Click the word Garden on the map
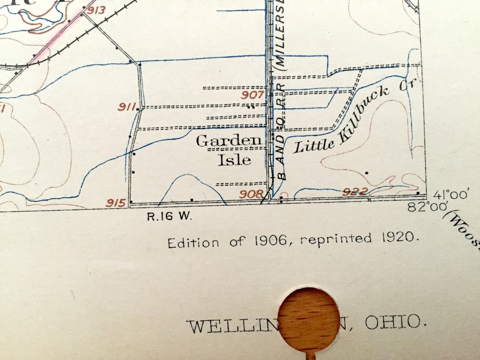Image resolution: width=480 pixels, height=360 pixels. pos(229,141)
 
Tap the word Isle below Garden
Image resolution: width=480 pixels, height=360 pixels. pos(234,160)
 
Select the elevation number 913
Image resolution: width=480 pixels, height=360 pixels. pos(96,10)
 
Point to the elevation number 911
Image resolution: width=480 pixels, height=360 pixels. pos(126,107)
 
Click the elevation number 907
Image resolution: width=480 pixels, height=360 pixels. pos(253,95)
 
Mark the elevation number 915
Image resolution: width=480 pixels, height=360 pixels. pos(116,203)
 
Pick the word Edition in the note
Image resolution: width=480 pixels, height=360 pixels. pos(193,243)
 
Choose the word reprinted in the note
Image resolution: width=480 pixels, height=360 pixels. pos(336,239)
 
